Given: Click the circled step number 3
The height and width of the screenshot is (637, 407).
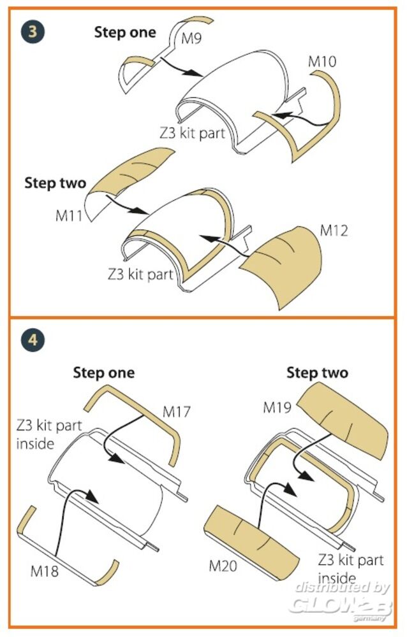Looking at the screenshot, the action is [x=33, y=31].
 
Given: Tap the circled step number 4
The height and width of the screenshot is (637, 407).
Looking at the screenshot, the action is [x=33, y=340].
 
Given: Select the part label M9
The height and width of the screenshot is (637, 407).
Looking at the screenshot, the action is [x=191, y=39].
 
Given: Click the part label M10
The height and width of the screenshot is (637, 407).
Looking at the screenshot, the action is [x=322, y=61].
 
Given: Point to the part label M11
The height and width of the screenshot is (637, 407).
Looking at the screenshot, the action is [x=69, y=215].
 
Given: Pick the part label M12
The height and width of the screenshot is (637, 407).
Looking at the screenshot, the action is [x=334, y=231].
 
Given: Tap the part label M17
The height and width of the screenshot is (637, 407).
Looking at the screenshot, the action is [x=177, y=412].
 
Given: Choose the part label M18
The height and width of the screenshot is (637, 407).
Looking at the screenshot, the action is [x=45, y=571].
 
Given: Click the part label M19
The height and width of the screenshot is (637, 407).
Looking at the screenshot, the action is [x=277, y=407].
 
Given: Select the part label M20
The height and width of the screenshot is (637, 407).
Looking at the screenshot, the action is [x=223, y=566].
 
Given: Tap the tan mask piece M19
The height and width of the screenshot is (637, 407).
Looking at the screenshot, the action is [x=344, y=422].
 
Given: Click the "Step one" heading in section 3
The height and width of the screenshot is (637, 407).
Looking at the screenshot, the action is [x=125, y=32].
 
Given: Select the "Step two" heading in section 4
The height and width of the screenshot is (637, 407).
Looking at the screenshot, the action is [x=318, y=373].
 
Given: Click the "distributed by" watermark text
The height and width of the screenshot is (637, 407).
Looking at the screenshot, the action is [x=343, y=587].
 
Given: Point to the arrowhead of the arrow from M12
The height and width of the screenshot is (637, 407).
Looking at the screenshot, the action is [x=207, y=238].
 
